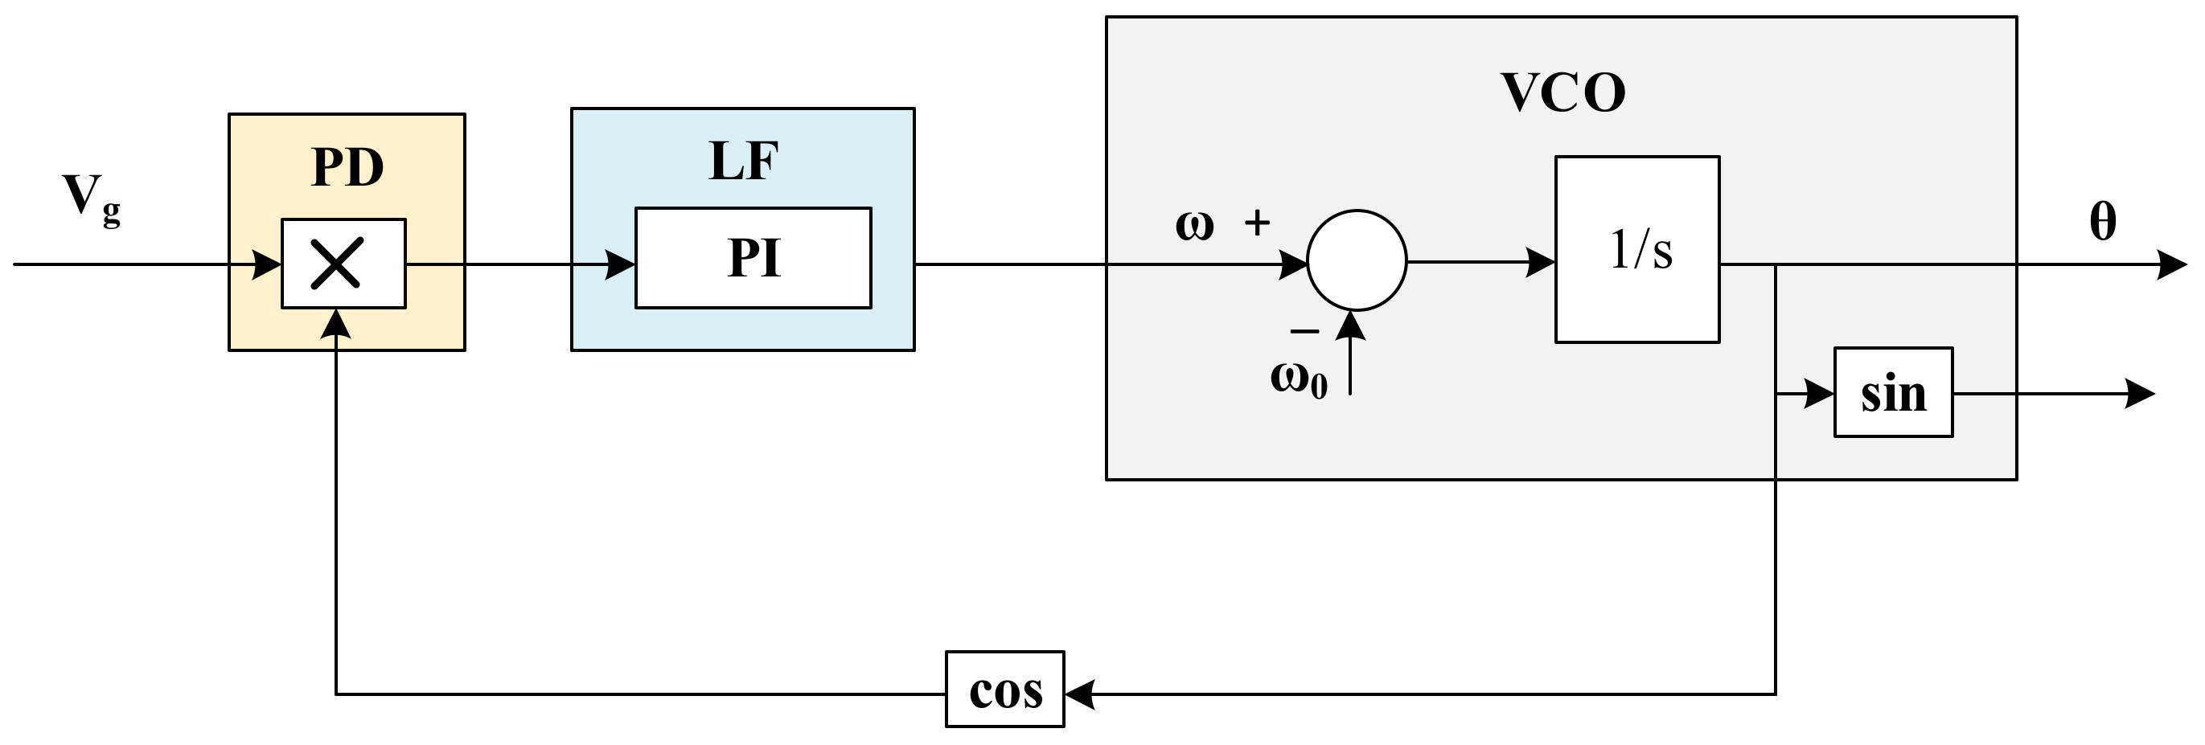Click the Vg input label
[x=90, y=199]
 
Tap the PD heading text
[x=347, y=167]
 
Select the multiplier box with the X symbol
[x=343, y=264]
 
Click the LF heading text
[x=743, y=161]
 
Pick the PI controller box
[x=753, y=257]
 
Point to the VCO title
[x=1562, y=92]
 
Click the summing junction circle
[x=1356, y=260]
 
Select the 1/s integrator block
[x=1636, y=250]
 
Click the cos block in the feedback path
[x=1005, y=690]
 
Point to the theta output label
[x=2102, y=222]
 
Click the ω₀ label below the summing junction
[x=1299, y=378]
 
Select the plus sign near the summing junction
[x=1257, y=223]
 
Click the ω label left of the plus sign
[x=1194, y=226]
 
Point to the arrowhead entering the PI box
[x=620, y=264]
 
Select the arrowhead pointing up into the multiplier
[x=335, y=323]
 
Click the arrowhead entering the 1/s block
[x=1541, y=262]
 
